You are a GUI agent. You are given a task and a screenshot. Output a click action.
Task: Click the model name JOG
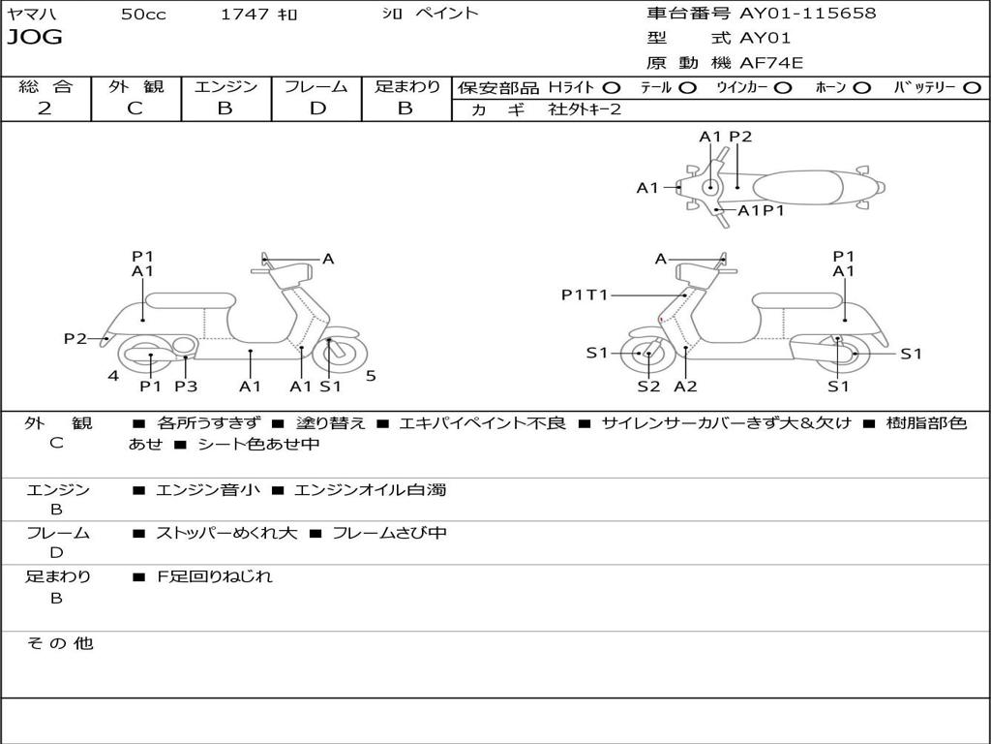coord(35,38)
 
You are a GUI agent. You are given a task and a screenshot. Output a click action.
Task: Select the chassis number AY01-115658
coord(808,14)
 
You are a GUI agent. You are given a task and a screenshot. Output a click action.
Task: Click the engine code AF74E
coord(771,63)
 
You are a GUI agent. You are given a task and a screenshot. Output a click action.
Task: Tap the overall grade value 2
coord(45,108)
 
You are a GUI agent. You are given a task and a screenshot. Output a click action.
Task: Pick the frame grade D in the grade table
coord(317,108)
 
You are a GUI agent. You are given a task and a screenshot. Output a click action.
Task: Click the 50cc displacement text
coord(143,15)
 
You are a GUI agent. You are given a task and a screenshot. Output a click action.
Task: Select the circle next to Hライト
coord(612,88)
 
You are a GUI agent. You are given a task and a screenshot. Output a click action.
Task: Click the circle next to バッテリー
coord(973,88)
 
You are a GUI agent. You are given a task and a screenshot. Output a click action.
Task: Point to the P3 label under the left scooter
coord(186,386)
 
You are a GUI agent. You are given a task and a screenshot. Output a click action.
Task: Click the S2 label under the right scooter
coord(648,386)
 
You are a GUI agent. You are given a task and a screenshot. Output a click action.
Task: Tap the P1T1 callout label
coord(584,294)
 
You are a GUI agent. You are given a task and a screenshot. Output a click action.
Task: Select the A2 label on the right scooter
coord(685,386)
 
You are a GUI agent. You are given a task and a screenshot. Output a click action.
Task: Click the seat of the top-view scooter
coord(797,187)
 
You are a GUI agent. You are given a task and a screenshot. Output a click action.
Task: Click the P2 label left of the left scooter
coord(75,338)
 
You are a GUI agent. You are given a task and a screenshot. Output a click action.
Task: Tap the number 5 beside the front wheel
coord(371,376)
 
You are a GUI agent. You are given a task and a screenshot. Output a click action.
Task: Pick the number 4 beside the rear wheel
coord(113,376)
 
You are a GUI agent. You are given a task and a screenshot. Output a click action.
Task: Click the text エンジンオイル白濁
coord(371,489)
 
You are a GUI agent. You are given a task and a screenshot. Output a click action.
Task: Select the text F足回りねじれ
coord(214,576)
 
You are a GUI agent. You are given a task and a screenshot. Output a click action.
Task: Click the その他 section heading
coord(60,643)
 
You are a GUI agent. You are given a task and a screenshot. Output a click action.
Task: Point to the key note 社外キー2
coord(585,109)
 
